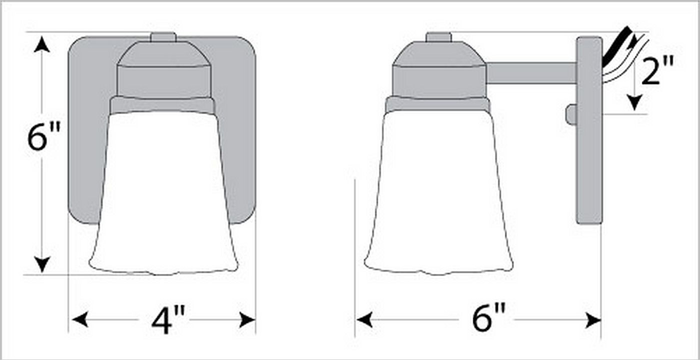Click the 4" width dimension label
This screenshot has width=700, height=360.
[168, 320]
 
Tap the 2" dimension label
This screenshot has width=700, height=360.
[657, 71]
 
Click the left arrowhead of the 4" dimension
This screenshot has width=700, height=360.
[80, 319]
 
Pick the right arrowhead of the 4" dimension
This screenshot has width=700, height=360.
[247, 319]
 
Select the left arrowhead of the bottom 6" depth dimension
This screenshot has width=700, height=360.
[364, 319]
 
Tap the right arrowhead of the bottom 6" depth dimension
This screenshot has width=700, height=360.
[593, 319]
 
